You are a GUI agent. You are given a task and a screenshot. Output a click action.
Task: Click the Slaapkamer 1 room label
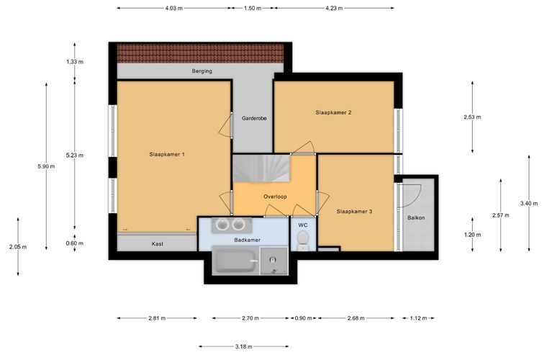point(167,154)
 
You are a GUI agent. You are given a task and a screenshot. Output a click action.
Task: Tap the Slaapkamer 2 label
point(333,112)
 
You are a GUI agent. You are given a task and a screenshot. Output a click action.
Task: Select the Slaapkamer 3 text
point(354,212)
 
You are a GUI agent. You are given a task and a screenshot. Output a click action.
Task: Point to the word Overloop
point(275,197)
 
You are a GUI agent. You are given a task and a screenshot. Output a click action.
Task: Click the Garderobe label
point(254,118)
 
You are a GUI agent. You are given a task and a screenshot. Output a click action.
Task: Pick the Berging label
point(202,71)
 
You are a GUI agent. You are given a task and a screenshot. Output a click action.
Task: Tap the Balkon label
point(416,217)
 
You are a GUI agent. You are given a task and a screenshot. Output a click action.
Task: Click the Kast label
point(158,244)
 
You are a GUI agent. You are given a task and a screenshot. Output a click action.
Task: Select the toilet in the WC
point(303,240)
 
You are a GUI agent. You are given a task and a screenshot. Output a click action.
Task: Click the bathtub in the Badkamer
point(235,261)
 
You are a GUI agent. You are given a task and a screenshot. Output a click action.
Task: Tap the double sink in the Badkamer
point(231,225)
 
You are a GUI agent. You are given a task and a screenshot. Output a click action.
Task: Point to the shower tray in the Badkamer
point(274,261)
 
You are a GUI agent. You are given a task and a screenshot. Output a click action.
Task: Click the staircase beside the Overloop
point(261,168)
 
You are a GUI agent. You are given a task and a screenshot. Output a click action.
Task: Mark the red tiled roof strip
point(200,53)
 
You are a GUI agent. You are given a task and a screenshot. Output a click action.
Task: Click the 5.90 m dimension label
point(46,166)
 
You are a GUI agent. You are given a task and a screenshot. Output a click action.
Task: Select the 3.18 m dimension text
point(243,346)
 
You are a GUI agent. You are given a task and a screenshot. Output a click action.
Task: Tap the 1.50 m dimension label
point(253,8)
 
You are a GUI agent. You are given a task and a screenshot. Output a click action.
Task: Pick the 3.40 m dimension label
point(529,203)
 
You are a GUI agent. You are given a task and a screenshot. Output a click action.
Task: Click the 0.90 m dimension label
point(304,318)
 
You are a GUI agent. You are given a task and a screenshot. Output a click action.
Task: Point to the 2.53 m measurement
point(472,117)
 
